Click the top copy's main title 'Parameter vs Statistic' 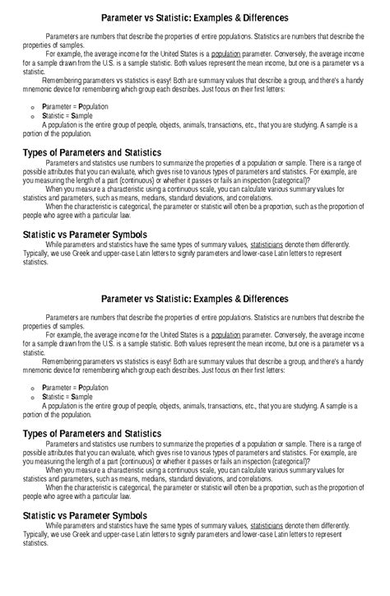click(194, 17)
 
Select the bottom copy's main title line click(194, 298)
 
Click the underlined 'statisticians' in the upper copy click(272, 245)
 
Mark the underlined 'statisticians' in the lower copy click(272, 524)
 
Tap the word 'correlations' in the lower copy click(248, 477)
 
